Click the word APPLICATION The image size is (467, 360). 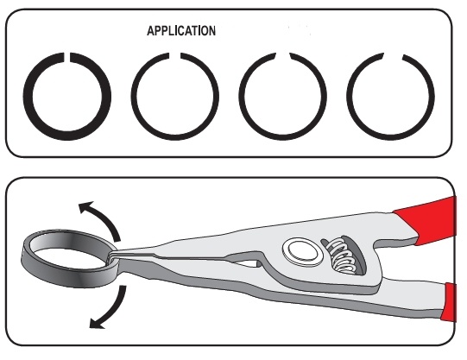(x=181, y=31)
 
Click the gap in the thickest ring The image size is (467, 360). (x=67, y=58)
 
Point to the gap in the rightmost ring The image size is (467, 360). (x=393, y=57)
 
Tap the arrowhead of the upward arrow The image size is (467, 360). (x=85, y=206)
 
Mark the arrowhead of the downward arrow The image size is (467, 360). (x=96, y=324)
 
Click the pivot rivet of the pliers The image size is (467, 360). (x=303, y=251)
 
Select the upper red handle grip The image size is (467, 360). (x=426, y=220)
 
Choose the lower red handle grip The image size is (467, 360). (x=449, y=302)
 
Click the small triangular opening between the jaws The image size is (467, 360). (x=246, y=263)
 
